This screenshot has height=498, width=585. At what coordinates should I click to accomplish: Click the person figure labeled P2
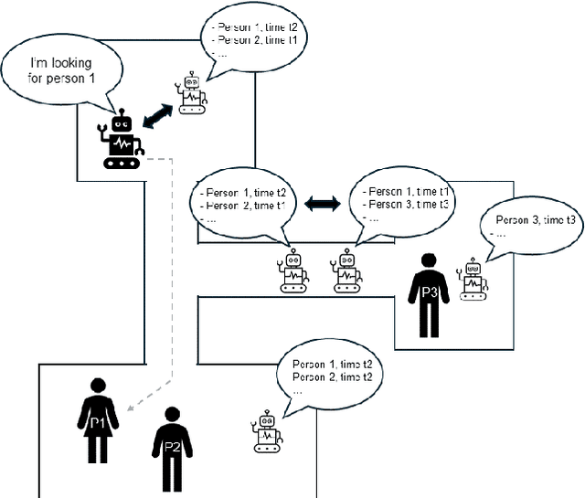coord(171,448)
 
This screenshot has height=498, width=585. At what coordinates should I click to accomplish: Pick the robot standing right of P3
coord(473,281)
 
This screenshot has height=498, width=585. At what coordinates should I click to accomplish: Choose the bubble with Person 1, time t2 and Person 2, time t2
coord(331,371)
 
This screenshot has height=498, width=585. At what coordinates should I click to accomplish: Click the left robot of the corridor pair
coord(293,272)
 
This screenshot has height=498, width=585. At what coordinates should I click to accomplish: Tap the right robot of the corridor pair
coord(346,272)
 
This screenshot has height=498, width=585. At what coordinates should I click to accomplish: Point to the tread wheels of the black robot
coord(122,162)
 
